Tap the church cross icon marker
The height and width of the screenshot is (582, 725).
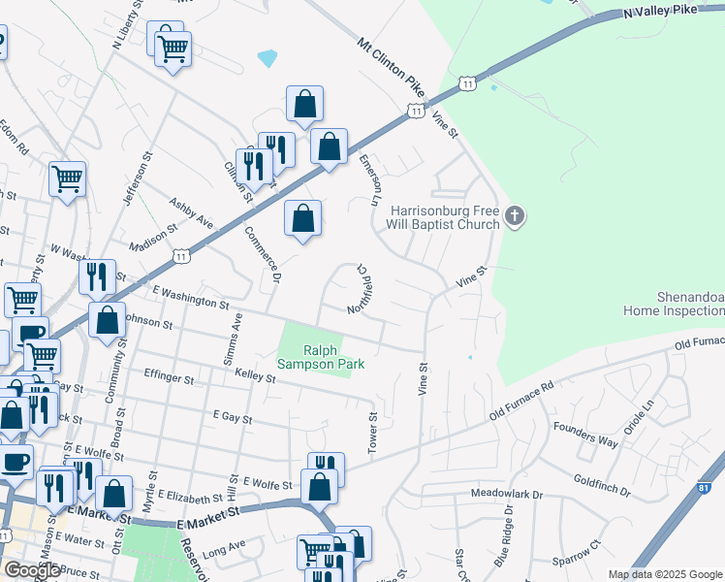coord(515,217)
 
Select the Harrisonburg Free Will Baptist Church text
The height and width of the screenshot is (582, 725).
coord(445,217)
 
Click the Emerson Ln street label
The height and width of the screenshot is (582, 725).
coord(366,178)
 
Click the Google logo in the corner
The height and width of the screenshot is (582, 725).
coord(32,569)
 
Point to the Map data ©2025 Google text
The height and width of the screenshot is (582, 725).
coord(664,574)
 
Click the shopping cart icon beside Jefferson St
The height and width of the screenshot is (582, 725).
coord(68,178)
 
